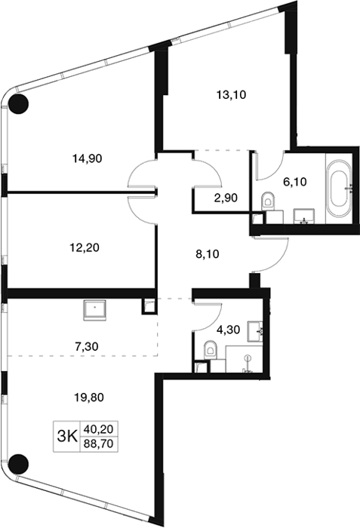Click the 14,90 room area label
(x=88, y=158)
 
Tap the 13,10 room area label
(x=231, y=95)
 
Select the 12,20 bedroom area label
(x=85, y=248)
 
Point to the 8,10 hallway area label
(x=208, y=253)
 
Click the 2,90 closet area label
(x=226, y=198)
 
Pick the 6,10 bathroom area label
(x=295, y=182)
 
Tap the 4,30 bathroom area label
(x=228, y=330)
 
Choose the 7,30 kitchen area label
(x=86, y=345)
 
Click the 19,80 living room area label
(x=89, y=398)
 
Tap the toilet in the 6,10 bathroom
(x=269, y=201)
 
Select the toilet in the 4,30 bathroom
(x=211, y=350)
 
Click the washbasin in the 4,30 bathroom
(x=255, y=332)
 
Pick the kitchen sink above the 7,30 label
(x=95, y=310)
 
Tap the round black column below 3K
(x=18, y=464)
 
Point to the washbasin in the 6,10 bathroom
(x=304, y=216)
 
